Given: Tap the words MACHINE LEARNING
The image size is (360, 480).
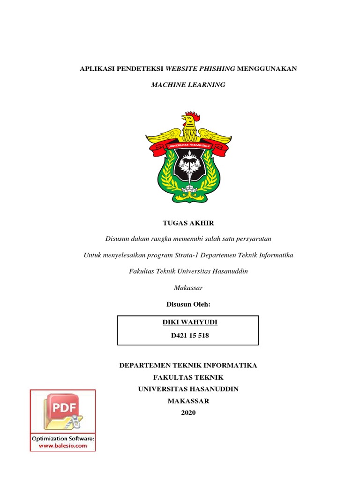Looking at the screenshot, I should coord(188,85).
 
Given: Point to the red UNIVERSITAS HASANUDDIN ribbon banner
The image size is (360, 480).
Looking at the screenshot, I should coord(188,146).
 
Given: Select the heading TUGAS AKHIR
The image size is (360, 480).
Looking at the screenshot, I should coord(188,223).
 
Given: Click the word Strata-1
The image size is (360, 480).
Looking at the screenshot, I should coord(192,255).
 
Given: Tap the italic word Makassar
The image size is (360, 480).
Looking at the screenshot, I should coord(188,288).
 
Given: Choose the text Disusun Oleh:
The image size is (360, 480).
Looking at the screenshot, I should coord(188,304).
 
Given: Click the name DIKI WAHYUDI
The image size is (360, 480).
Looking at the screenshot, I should coord(188,322).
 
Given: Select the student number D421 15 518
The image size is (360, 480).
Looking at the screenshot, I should coord(188,336).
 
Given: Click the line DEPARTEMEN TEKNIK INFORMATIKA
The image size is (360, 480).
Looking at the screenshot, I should coord(188,366).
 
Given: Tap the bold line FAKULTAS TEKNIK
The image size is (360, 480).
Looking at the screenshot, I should coord(188,377).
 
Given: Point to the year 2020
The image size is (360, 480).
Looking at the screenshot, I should coord(188,412).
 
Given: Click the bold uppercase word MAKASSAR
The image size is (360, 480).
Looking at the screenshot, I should coord(188,401).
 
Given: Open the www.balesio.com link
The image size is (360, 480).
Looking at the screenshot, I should coord(63,446).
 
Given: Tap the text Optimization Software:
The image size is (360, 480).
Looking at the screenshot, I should coord(63,439).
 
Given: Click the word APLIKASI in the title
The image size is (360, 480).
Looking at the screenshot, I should coord(97,69).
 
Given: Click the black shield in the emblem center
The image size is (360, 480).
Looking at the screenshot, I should coord(188,167).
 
